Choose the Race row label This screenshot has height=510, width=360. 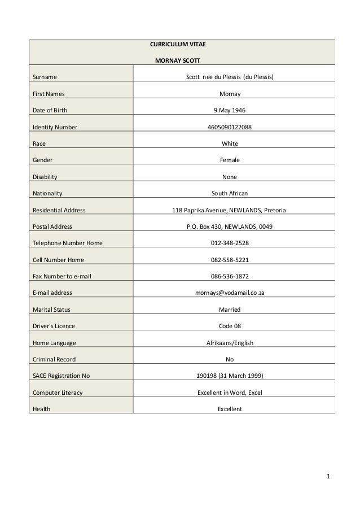pyautogui.click(x=39, y=143)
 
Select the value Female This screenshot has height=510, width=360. pyautogui.click(x=230, y=160)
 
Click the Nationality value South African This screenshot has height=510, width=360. pyautogui.click(x=230, y=193)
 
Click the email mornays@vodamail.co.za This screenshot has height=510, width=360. pyautogui.click(x=230, y=293)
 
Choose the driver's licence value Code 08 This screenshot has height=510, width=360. pyautogui.click(x=230, y=326)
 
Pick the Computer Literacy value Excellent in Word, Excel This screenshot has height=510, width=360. pyautogui.click(x=230, y=392)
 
